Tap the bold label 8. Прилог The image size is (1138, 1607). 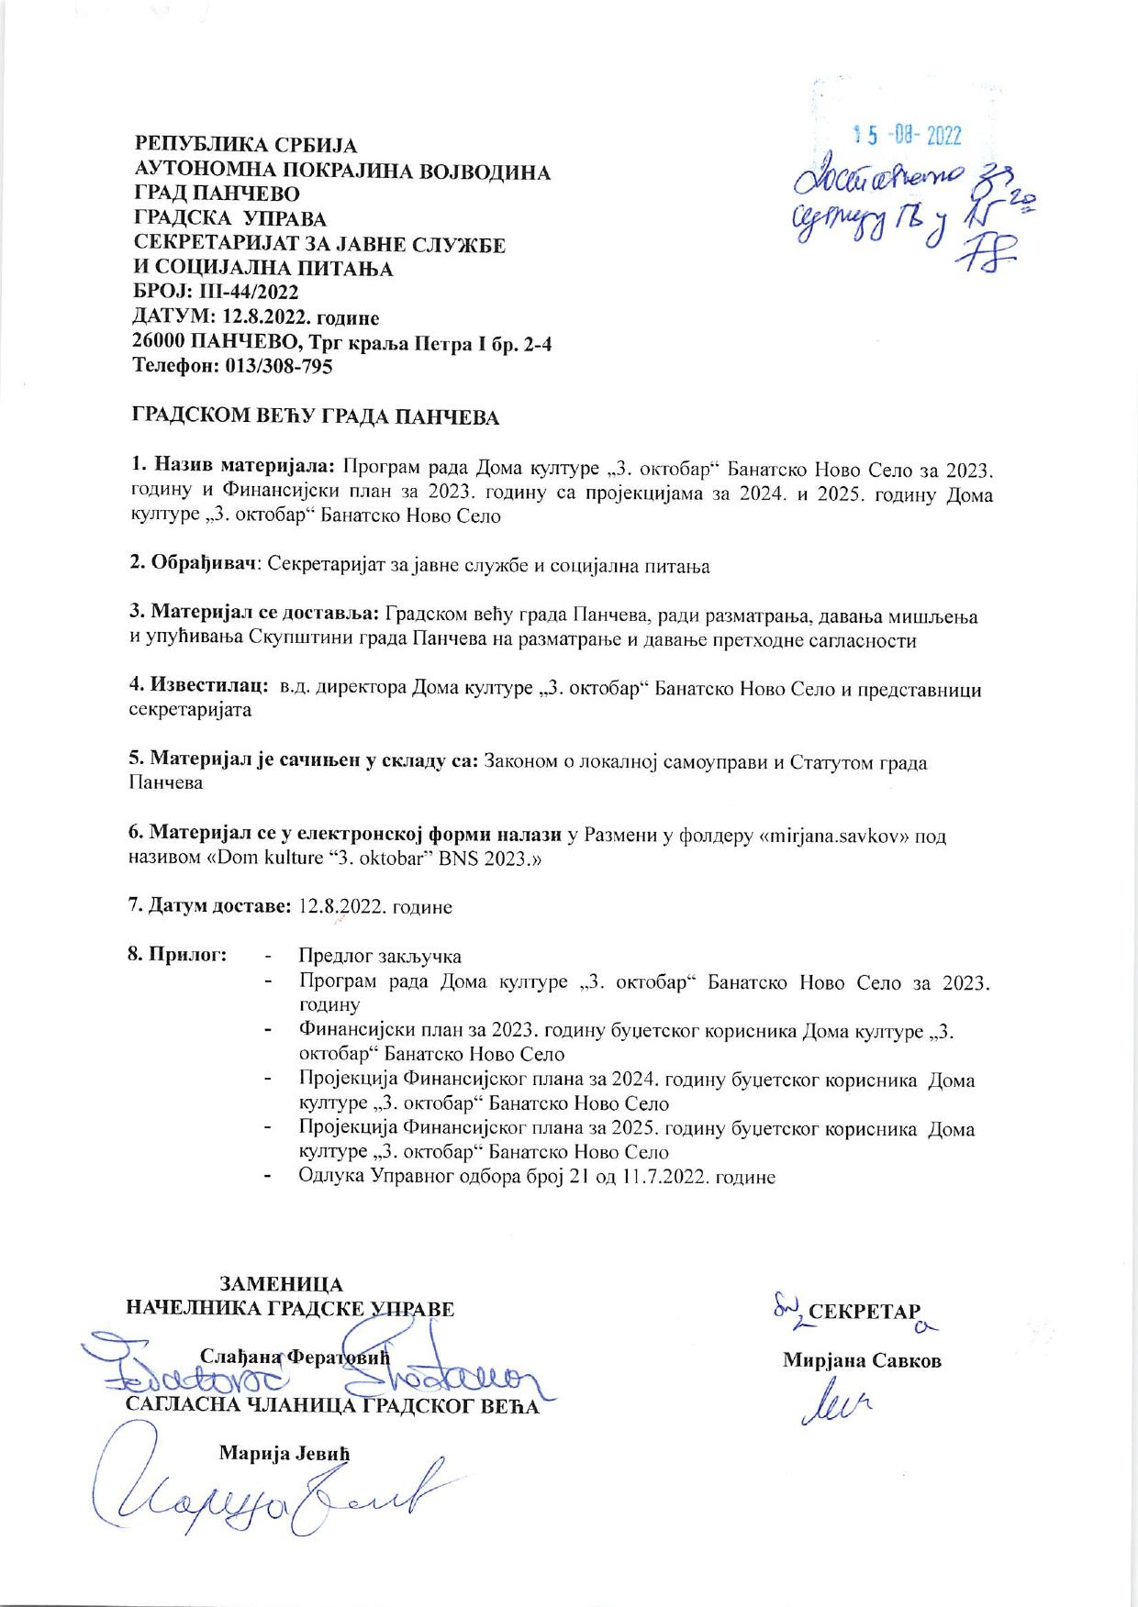177,955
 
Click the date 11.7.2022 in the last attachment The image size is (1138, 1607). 664,1177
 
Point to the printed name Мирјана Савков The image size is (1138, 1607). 862,1360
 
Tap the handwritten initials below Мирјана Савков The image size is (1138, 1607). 838,1403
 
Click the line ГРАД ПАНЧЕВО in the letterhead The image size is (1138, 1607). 217,194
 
